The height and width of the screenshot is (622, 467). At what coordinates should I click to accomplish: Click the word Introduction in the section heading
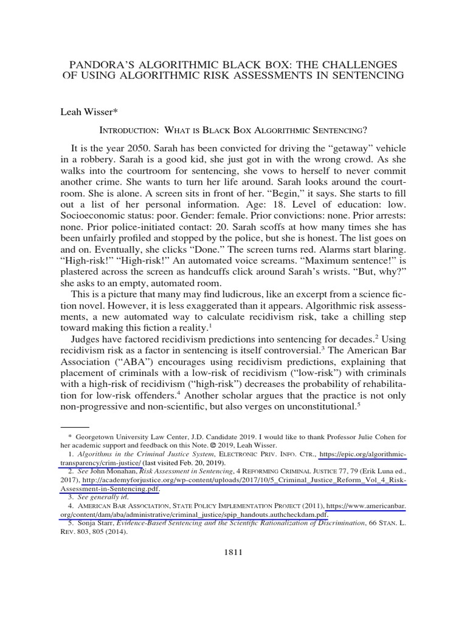coord(130,130)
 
